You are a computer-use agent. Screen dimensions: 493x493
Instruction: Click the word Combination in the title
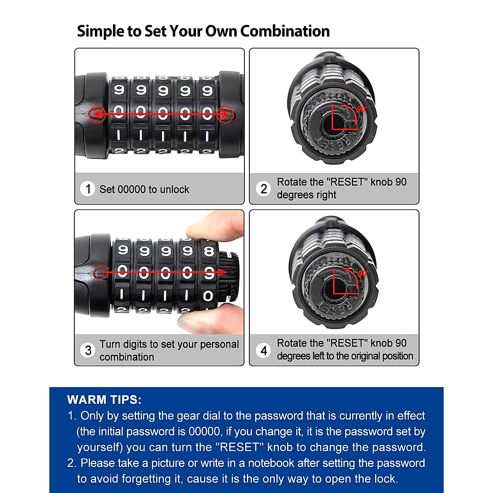285,31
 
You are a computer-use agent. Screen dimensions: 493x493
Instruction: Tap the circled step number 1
88,189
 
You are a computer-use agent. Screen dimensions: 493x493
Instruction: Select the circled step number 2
263,189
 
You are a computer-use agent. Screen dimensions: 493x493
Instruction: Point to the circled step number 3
88,350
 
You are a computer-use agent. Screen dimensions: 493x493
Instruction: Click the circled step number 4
263,350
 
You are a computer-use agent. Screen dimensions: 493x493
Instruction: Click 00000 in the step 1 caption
131,189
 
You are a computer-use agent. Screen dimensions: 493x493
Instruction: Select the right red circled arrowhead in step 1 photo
226,114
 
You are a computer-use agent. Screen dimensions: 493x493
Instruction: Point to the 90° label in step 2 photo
362,109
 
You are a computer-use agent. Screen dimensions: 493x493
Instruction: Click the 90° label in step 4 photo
363,273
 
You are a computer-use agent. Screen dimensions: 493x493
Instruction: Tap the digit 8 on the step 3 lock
209,251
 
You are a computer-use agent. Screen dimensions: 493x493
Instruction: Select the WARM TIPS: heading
104,400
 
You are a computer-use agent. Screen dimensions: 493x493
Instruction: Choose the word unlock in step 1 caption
174,189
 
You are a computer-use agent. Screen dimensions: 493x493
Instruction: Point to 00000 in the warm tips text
204,431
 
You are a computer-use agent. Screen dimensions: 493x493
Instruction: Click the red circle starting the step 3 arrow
101,272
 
